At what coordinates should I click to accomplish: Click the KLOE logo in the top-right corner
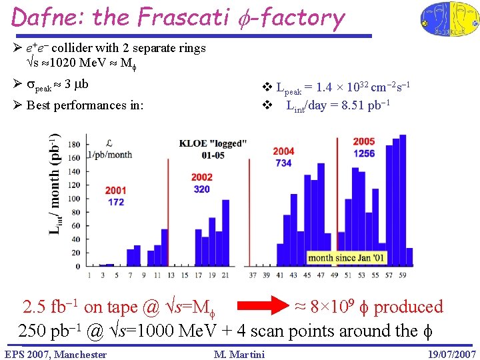click(x=448, y=19)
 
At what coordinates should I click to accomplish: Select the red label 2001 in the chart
click(x=115, y=191)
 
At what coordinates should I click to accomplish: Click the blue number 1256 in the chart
click(x=364, y=153)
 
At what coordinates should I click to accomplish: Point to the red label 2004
click(x=283, y=151)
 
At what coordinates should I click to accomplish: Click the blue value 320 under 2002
click(x=201, y=189)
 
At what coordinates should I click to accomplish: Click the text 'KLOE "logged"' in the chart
click(x=213, y=144)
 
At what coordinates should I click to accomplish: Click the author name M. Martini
click(x=239, y=354)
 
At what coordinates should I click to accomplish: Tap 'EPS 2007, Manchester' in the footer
click(x=55, y=354)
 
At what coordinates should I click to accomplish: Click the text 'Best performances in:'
click(x=85, y=105)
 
